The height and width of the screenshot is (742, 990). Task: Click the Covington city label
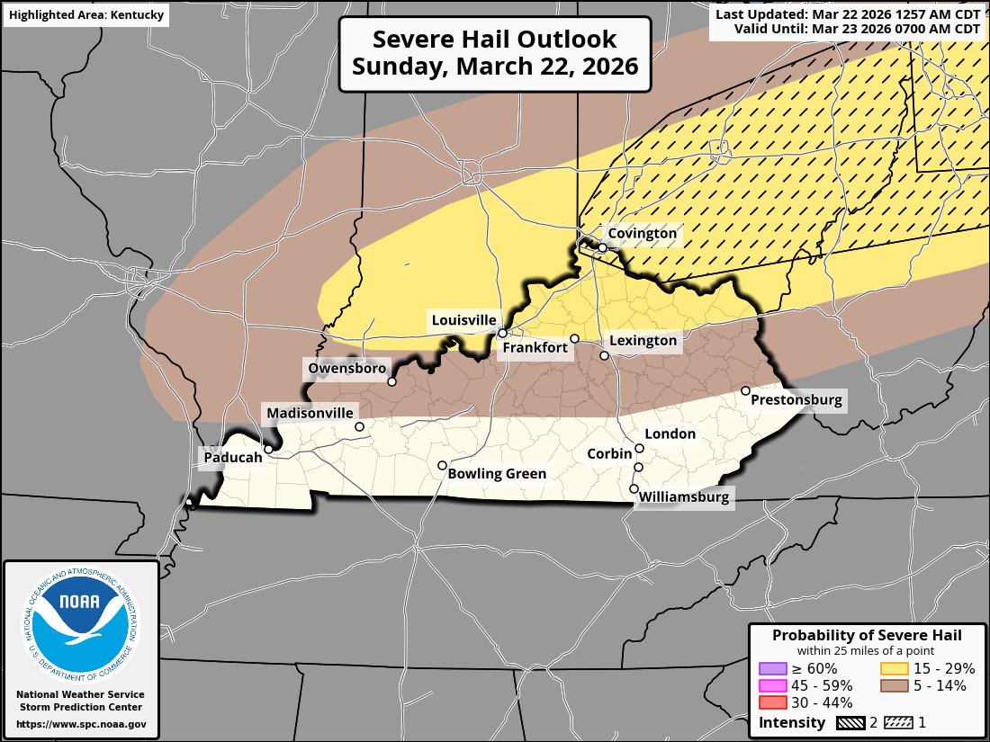pyautogui.click(x=642, y=234)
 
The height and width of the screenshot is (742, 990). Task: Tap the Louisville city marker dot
pyautogui.click(x=502, y=333)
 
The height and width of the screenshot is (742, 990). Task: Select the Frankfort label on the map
pyautogui.click(x=535, y=347)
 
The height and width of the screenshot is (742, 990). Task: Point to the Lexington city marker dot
pyautogui.click(x=605, y=356)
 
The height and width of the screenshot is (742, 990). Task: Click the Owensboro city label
pyautogui.click(x=346, y=369)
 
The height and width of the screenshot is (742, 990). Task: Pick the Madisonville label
pyautogui.click(x=309, y=413)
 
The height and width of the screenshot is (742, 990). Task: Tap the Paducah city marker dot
pyautogui.click(x=268, y=449)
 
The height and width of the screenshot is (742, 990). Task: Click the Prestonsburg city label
pyautogui.click(x=796, y=400)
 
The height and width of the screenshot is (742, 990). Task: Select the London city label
pyautogui.click(x=670, y=434)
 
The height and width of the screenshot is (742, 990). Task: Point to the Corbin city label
pyautogui.click(x=609, y=454)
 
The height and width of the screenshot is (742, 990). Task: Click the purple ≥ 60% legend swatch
pyautogui.click(x=774, y=668)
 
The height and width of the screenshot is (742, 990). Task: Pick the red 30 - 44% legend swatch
pyautogui.click(x=774, y=702)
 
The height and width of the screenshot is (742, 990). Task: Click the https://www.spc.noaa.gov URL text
pyautogui.click(x=81, y=724)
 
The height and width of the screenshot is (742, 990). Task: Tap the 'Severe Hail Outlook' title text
pyautogui.click(x=495, y=40)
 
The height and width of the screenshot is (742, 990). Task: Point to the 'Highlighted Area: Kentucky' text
pyautogui.click(x=86, y=14)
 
